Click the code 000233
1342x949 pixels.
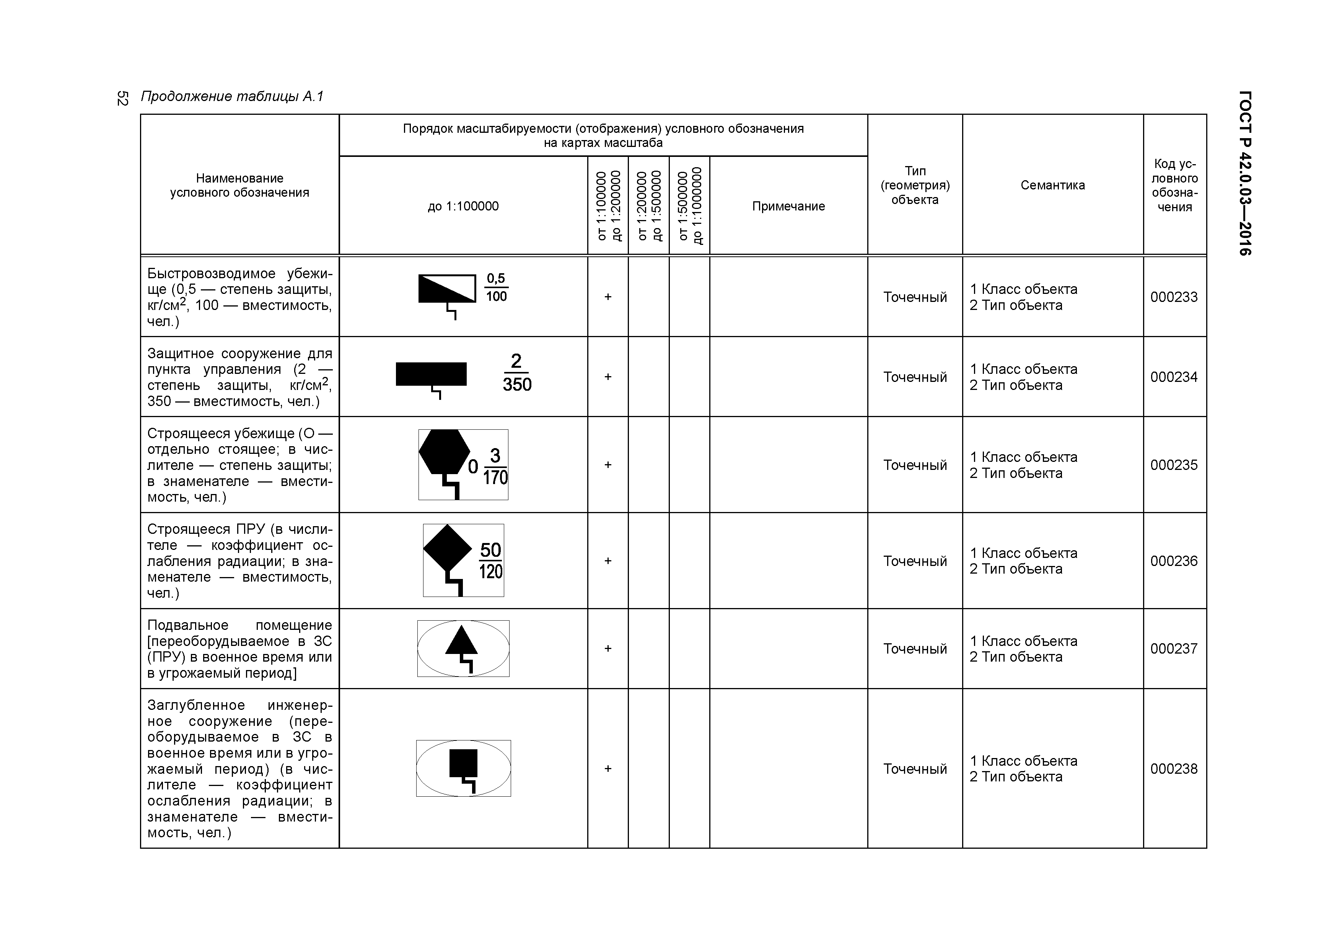pyautogui.click(x=1174, y=297)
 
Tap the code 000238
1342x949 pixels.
pyautogui.click(x=1174, y=769)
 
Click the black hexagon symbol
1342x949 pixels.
pyautogui.click(x=444, y=452)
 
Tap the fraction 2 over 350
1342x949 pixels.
pyautogui.click(x=517, y=373)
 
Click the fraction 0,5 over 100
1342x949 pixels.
pyautogui.click(x=496, y=288)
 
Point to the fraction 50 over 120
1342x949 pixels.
pyautogui.click(x=490, y=560)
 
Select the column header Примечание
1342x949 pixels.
pyautogui.click(x=788, y=206)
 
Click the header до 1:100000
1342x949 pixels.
pyautogui.click(x=463, y=206)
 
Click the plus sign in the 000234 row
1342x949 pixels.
pyautogui.click(x=608, y=377)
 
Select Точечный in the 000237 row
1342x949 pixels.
pyautogui.click(x=915, y=649)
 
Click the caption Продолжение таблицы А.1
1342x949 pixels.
pyautogui.click(x=232, y=96)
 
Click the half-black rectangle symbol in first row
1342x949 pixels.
pyautogui.click(x=447, y=289)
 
